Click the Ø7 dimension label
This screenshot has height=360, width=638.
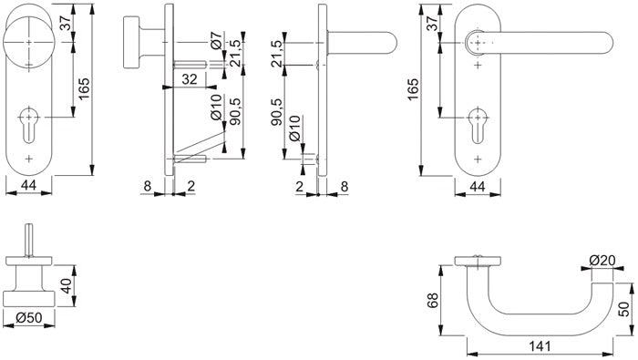coord(217,40)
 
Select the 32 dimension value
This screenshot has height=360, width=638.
coord(190,79)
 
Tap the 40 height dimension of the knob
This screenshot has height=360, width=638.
coord(66,285)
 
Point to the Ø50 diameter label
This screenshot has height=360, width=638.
coord(29,317)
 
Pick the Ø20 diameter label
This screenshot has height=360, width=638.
coord(602,260)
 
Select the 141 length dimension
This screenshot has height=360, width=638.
coord(540,346)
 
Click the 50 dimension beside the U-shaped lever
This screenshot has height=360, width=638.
coord(623,309)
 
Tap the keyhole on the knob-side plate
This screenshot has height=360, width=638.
coord(28,125)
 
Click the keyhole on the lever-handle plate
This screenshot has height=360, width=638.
coord(478,125)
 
